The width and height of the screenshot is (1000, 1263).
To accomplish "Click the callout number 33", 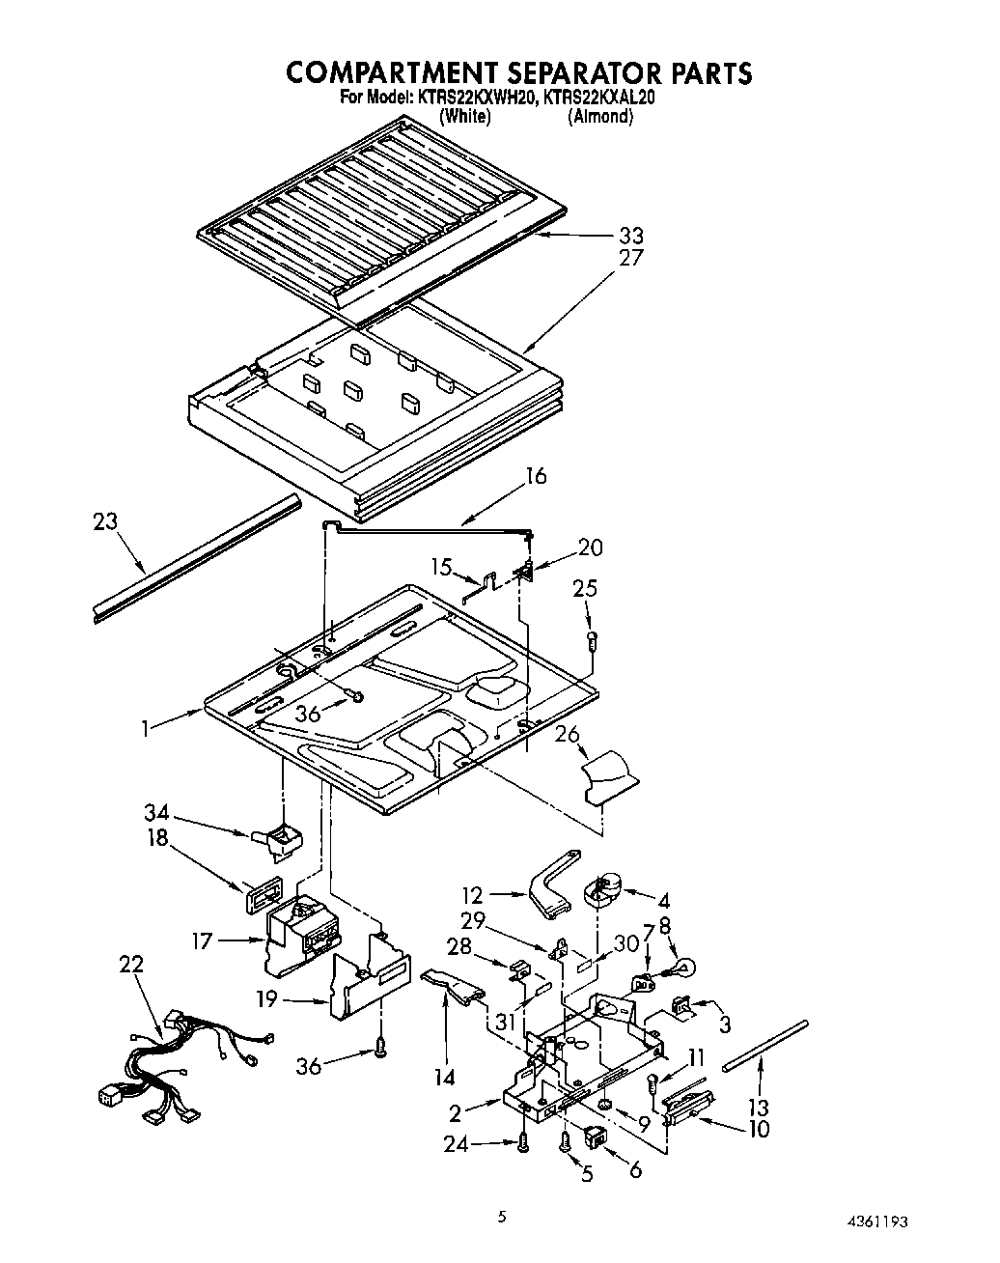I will pyautogui.click(x=629, y=236).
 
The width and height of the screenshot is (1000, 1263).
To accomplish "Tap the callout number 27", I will pyautogui.click(x=629, y=259).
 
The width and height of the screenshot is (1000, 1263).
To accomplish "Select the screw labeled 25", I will pyautogui.click(x=594, y=638).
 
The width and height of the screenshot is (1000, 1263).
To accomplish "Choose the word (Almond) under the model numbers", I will pyautogui.click(x=599, y=117).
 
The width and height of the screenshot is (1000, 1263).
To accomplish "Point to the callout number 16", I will pyautogui.click(x=536, y=476).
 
